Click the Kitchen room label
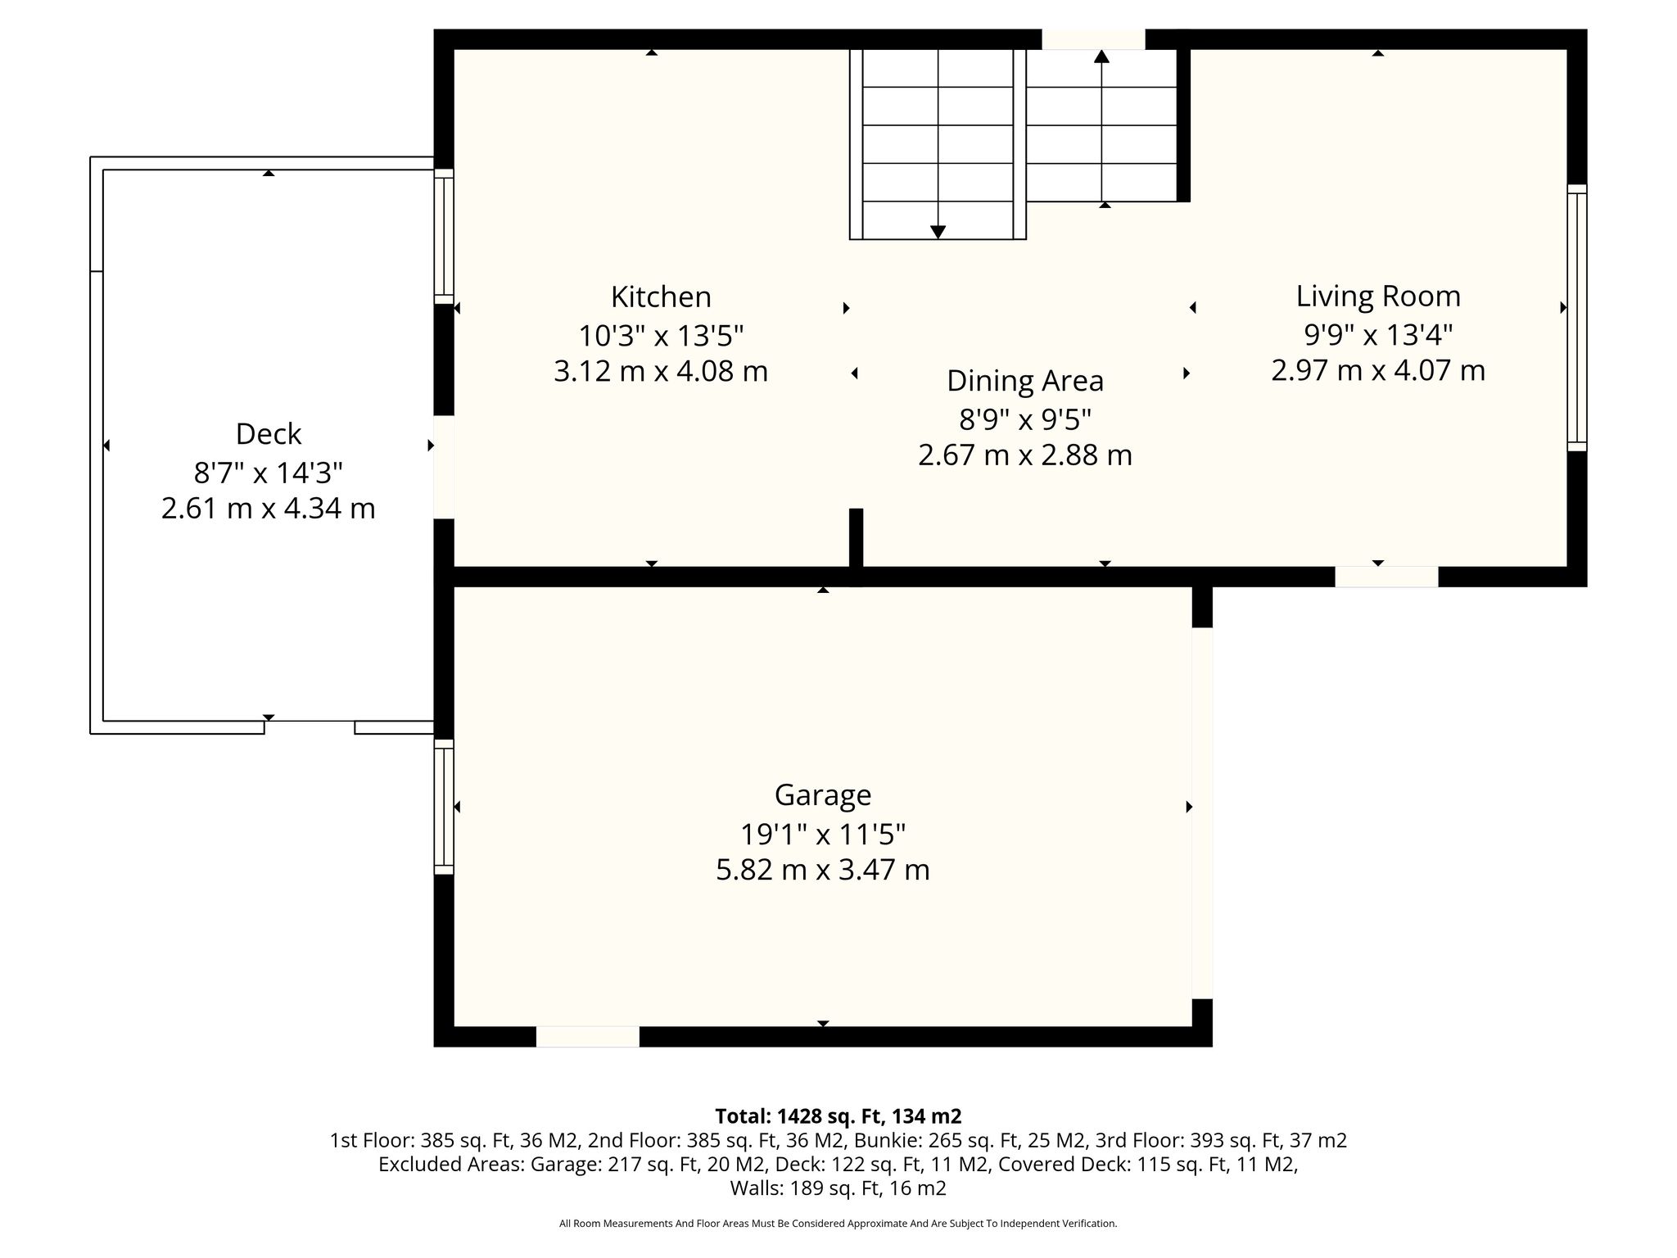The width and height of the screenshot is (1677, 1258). coord(661,296)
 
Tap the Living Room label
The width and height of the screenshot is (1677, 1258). coord(1378,296)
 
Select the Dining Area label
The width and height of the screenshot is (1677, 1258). coord(1025,382)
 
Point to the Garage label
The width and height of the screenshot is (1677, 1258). coord(823,795)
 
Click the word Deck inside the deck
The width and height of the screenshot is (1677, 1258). coord(269,434)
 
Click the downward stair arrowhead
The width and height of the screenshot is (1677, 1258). coord(938,232)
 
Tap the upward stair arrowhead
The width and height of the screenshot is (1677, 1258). coord(1101,57)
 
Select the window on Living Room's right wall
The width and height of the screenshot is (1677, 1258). coord(1577,318)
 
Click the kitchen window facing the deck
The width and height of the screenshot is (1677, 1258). coord(444,237)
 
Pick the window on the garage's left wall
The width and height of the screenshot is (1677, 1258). coord(444,807)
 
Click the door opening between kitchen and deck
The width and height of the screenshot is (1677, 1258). coord(444,467)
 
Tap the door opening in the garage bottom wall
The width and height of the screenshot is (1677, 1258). coord(588,1036)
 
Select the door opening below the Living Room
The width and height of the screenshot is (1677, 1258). coord(1386,577)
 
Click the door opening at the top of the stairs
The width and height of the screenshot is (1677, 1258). coord(1093,39)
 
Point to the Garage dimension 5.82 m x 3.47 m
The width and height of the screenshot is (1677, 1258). coord(823,870)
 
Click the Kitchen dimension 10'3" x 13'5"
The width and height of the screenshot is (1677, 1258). coord(661,336)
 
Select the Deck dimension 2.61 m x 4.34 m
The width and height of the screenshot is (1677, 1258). coord(269,509)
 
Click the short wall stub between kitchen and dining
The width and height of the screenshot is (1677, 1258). coord(856,547)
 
